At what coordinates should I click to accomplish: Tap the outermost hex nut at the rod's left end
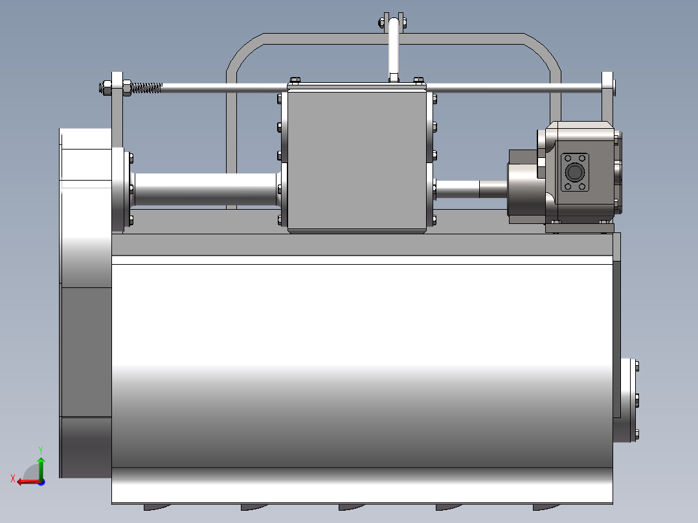pyautogui.click(x=104, y=87)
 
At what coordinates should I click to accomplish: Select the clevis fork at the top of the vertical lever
pyautogui.click(x=394, y=22)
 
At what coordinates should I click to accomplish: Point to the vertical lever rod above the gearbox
pyautogui.click(x=394, y=52)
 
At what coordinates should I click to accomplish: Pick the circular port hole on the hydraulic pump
pyautogui.click(x=574, y=172)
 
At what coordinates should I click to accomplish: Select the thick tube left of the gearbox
pyautogui.click(x=206, y=190)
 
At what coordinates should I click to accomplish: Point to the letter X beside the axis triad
pyautogui.click(x=12, y=478)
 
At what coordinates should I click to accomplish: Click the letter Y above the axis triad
pyautogui.click(x=41, y=449)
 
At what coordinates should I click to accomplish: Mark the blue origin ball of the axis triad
pyautogui.click(x=41, y=482)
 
